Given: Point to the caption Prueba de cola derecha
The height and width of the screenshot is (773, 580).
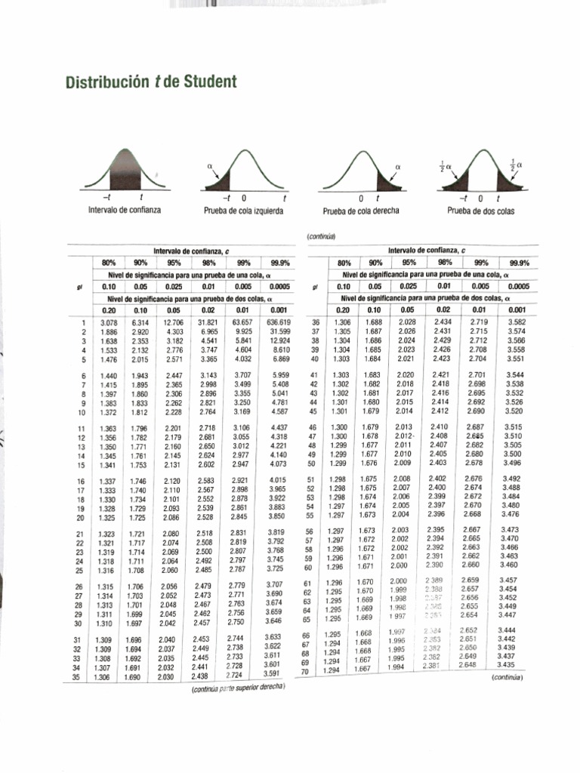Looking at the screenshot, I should tap(361, 211).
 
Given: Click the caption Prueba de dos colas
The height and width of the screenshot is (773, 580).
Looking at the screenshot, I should tap(480, 211).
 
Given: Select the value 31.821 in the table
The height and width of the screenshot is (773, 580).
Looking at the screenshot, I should tap(207, 323).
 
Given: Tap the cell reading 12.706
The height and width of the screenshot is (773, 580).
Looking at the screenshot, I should tap(173, 323).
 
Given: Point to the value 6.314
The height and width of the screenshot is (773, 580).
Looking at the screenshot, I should tap(140, 323).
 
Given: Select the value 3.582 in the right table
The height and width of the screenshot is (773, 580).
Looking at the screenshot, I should tap(517, 322).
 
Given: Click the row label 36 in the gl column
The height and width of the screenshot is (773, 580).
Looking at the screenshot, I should tap(316, 323).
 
